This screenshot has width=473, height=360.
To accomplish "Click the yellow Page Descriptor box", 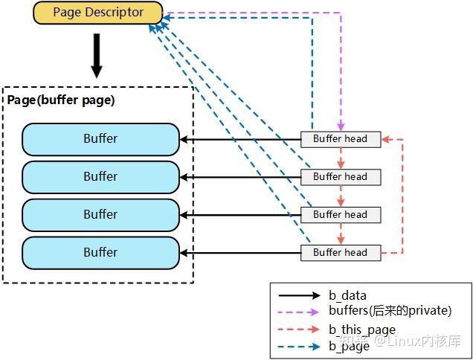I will pyautogui.click(x=97, y=13).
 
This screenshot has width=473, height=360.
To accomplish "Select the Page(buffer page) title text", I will pyautogui.click(x=61, y=100).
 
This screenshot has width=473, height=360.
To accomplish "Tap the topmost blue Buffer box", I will pyautogui.click(x=100, y=139).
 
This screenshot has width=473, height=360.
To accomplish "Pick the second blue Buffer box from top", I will pyautogui.click(x=100, y=177).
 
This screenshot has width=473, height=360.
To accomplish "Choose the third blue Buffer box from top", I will pyautogui.click(x=100, y=214).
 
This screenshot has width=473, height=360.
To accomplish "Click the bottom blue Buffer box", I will pyautogui.click(x=100, y=253).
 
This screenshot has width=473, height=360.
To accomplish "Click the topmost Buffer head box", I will pyautogui.click(x=340, y=139).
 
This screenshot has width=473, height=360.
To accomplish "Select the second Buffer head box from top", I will pyautogui.click(x=340, y=177).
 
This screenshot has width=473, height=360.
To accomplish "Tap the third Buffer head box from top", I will pyautogui.click(x=340, y=215).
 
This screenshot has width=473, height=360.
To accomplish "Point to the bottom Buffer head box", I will pyautogui.click(x=340, y=253).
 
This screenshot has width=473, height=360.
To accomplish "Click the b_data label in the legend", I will pyautogui.click(x=347, y=296).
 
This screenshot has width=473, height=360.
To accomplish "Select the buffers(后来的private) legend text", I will pyautogui.click(x=390, y=311).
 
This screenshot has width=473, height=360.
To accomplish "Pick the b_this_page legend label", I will pyautogui.click(x=361, y=330).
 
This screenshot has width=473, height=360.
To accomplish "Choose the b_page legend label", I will pyautogui.click(x=349, y=346).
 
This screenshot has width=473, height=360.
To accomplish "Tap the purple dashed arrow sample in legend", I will pyautogui.click(x=297, y=312).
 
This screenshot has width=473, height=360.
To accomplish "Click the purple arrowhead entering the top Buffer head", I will pyautogui.click(x=341, y=127).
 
